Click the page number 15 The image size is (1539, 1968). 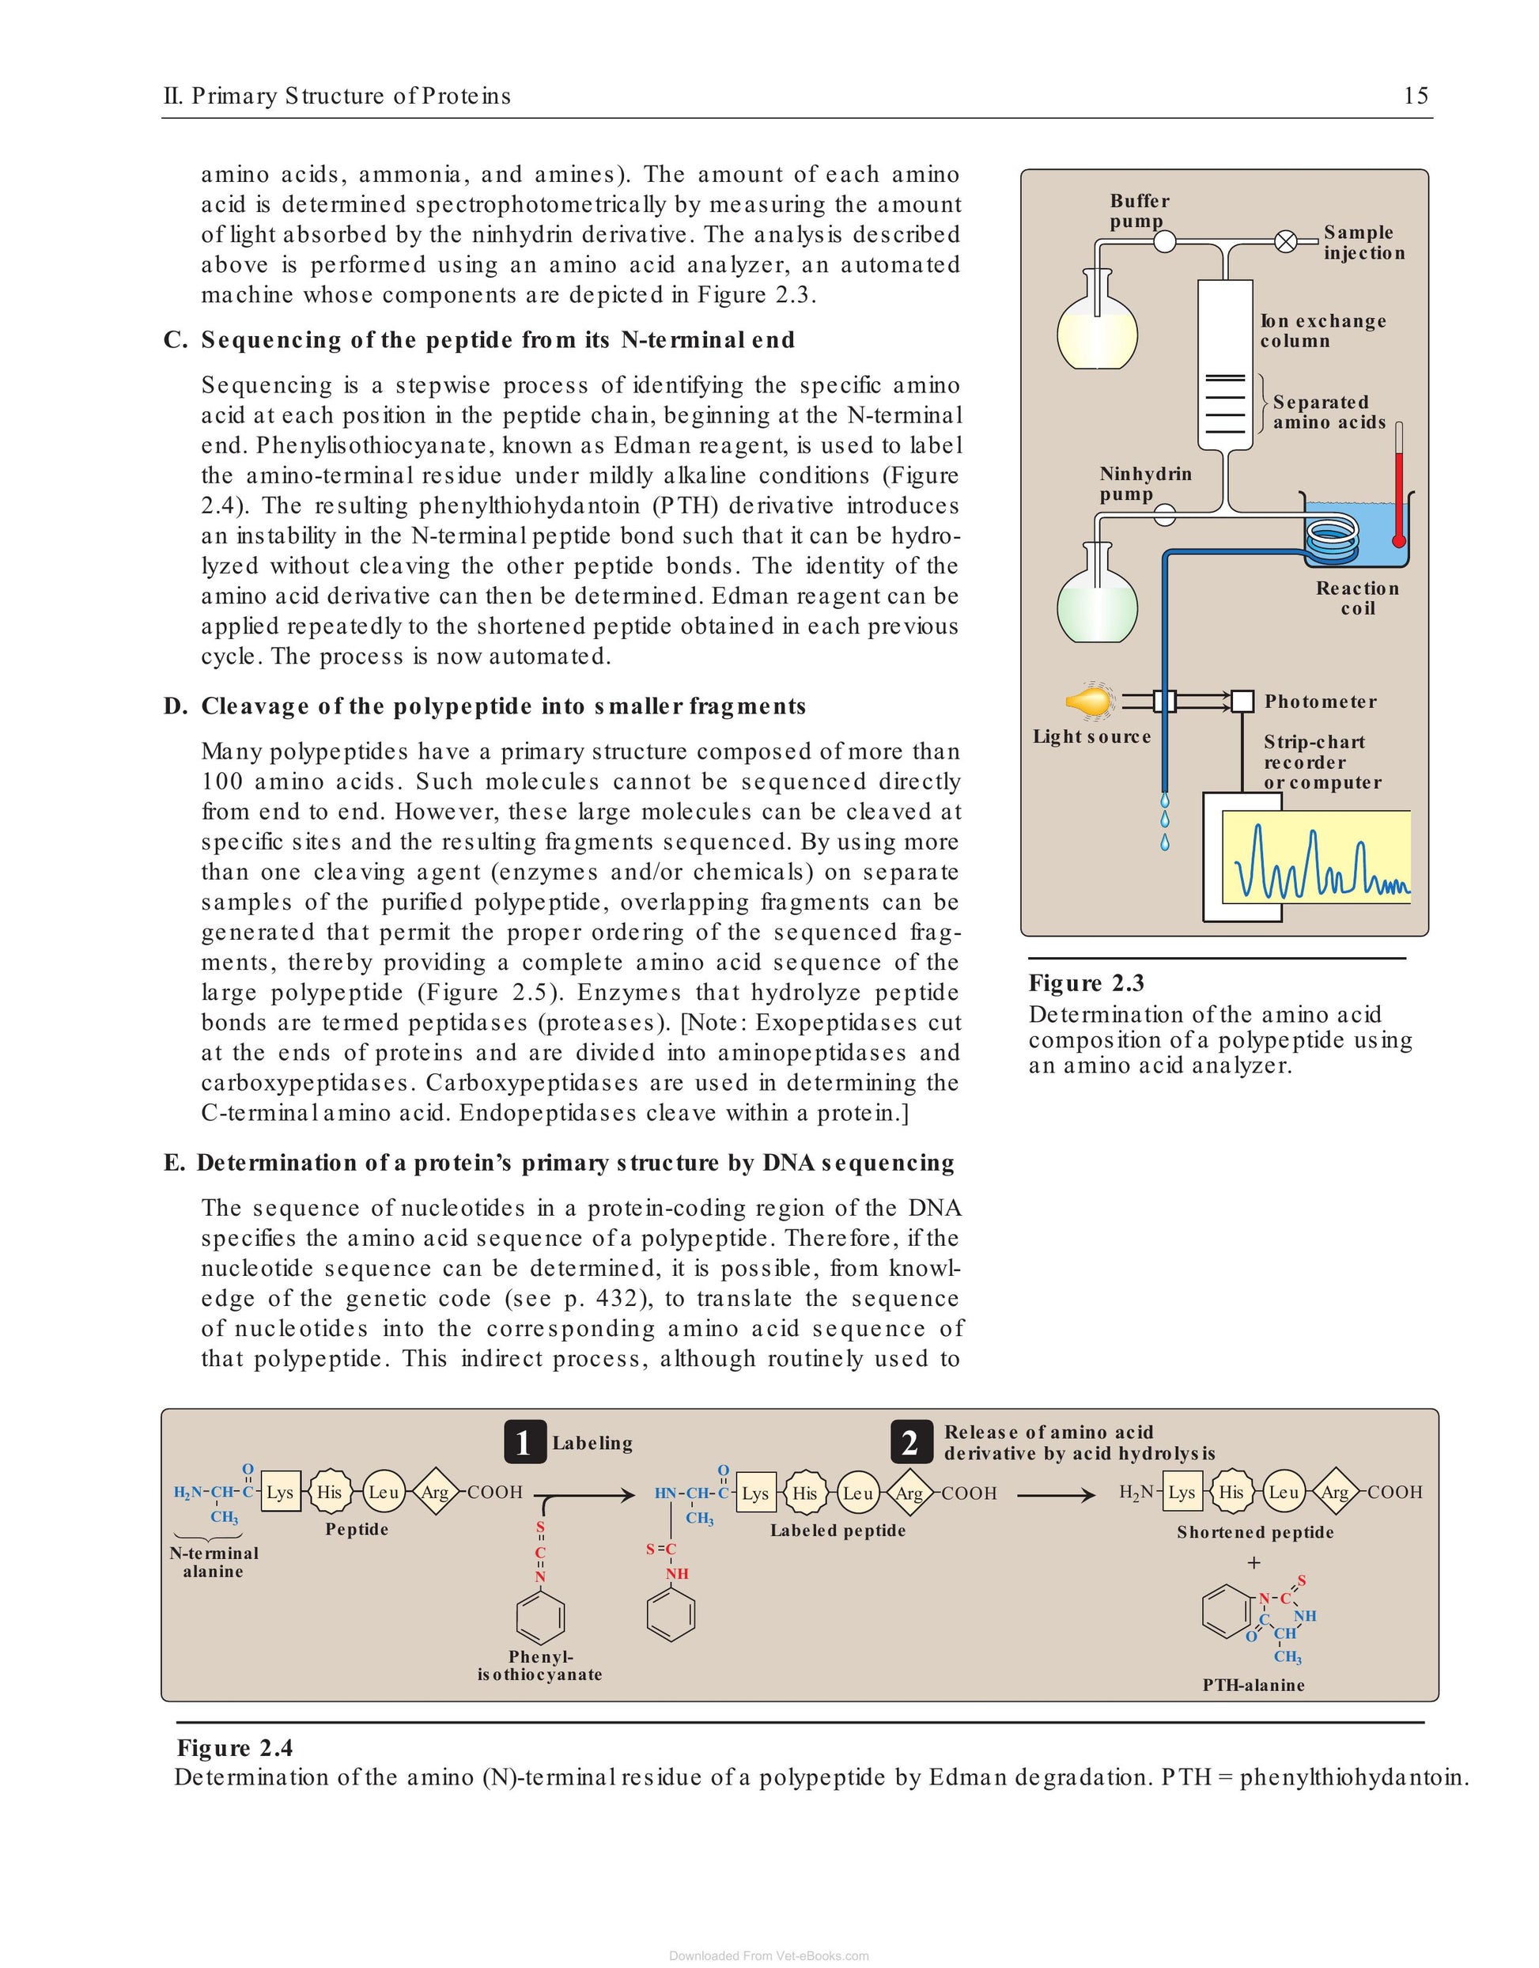click(1416, 96)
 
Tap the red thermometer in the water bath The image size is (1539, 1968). click(1398, 485)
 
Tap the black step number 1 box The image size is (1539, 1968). click(525, 1443)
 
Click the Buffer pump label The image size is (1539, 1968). click(1139, 211)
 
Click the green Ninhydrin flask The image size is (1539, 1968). click(1097, 594)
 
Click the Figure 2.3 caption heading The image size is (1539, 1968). click(1087, 983)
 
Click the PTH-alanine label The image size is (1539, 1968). click(1254, 1684)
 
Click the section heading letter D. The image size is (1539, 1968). click(174, 706)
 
